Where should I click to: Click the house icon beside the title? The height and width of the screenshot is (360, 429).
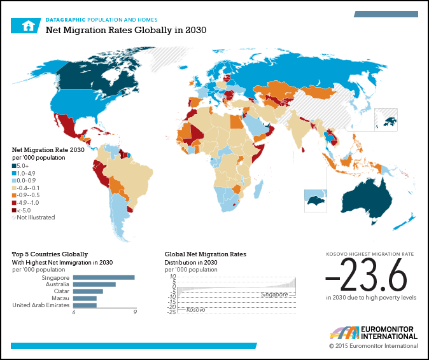tap(27, 25)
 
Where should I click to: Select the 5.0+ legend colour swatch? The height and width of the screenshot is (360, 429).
tap(14, 166)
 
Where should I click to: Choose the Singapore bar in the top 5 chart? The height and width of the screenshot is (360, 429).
tap(104, 277)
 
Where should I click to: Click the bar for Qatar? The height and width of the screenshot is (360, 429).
tap(88, 291)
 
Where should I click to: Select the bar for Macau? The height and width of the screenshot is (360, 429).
tap(85, 298)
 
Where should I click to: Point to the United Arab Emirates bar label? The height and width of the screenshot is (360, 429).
tap(41, 305)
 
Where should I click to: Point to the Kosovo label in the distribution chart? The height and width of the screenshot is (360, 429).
tap(195, 310)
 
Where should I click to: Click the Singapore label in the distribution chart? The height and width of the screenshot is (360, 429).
tap(274, 294)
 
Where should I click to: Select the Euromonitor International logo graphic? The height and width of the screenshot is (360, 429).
tap(344, 333)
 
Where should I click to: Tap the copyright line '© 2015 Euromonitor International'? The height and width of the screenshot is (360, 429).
tap(373, 346)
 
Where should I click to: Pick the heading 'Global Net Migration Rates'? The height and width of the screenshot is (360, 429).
tap(205, 254)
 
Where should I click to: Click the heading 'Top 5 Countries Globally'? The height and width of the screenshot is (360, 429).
tap(50, 254)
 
